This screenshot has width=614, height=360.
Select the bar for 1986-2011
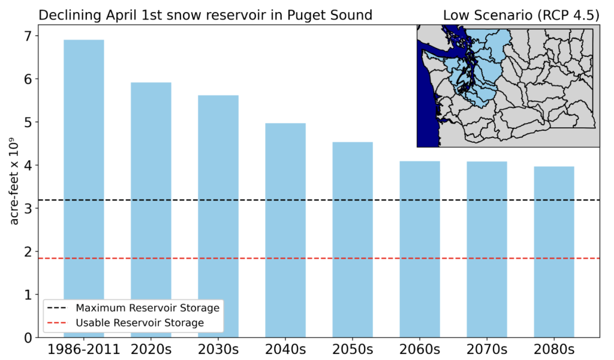[x=84, y=188]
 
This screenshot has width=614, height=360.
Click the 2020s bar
[x=151, y=210]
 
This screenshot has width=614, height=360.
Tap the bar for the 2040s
[x=285, y=230]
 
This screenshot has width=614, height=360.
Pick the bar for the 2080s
[x=554, y=252]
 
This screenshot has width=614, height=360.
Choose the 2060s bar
[x=420, y=249]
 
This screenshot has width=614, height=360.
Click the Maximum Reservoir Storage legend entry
[x=133, y=308]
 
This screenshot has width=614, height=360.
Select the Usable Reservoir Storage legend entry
[x=125, y=323]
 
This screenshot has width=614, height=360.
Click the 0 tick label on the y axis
[x=28, y=338]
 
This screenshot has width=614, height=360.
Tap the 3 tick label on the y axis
[x=28, y=208]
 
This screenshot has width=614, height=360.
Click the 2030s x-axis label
[x=218, y=349]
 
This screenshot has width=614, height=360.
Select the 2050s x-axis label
[x=353, y=349]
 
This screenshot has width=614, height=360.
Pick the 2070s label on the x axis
[x=487, y=349]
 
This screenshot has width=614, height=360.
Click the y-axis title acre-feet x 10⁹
[x=14, y=181]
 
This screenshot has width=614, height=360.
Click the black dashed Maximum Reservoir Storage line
[x=319, y=200]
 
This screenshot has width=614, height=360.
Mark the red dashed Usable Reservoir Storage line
[x=319, y=259]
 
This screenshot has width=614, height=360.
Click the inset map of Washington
[x=508, y=86]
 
